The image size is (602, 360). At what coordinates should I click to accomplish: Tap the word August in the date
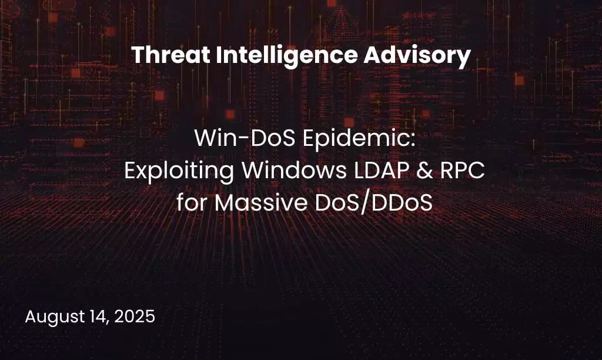[x=53, y=317]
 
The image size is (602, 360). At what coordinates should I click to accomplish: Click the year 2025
[x=135, y=316]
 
